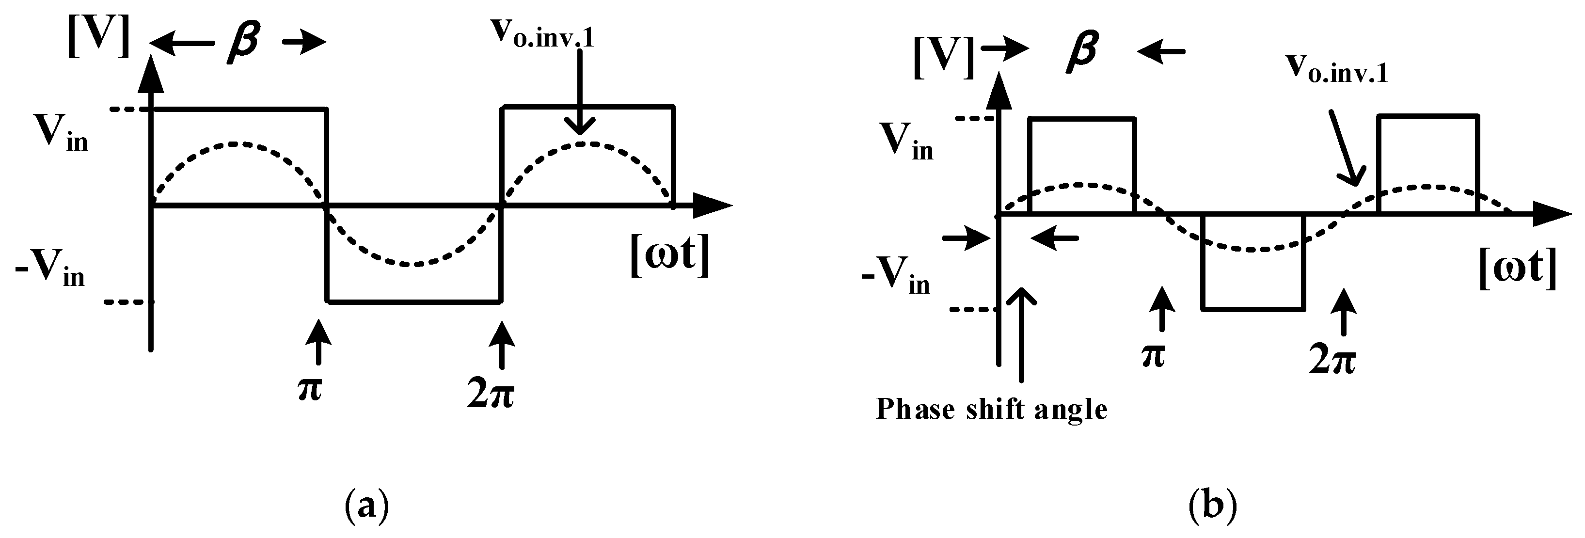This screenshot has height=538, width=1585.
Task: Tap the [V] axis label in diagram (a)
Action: tap(98, 37)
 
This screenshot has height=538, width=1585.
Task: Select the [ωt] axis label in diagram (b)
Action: tap(1517, 269)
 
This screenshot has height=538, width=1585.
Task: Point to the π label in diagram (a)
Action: tap(310, 390)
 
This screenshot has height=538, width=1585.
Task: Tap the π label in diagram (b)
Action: tap(1153, 355)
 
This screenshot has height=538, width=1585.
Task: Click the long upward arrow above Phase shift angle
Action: tap(1021, 335)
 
